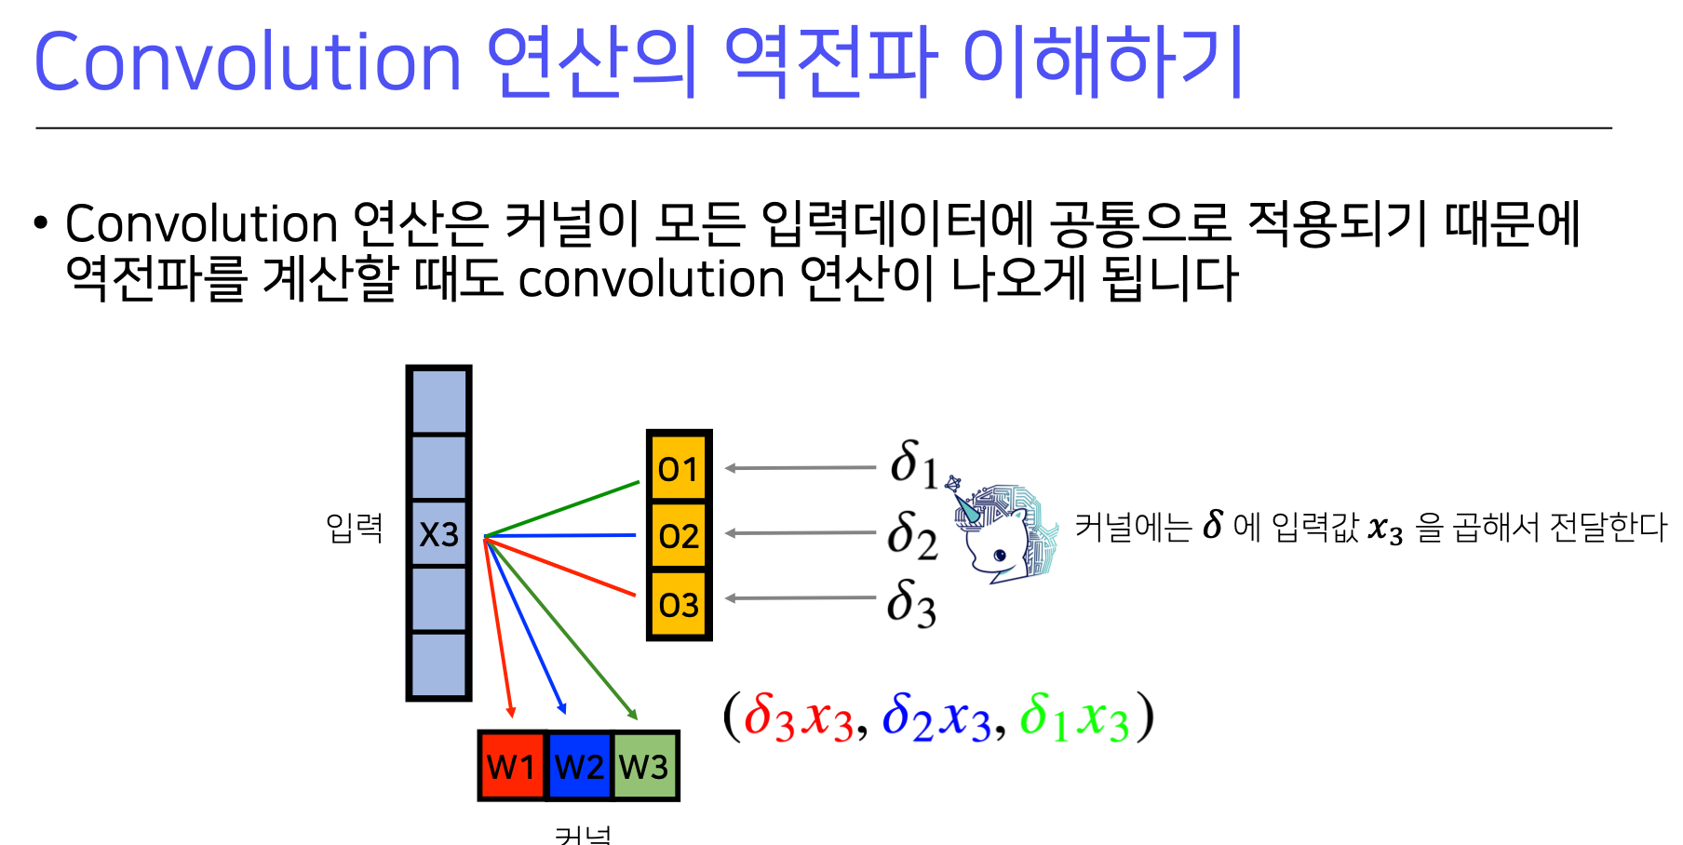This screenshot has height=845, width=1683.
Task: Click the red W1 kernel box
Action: (512, 766)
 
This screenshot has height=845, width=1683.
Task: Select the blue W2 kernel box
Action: (579, 766)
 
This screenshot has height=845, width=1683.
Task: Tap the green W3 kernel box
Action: (644, 766)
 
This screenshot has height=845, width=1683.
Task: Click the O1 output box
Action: (679, 468)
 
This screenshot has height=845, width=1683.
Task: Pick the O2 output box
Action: (679, 535)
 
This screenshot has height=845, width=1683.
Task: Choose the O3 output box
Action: (679, 605)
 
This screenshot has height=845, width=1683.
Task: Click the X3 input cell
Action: (438, 533)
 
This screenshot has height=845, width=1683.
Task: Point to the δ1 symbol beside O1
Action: (913, 463)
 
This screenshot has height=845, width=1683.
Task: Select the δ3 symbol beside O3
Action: (911, 603)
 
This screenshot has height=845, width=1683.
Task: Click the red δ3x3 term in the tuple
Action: (799, 718)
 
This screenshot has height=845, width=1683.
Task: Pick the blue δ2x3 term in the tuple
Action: (936, 718)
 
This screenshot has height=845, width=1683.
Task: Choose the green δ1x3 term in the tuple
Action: (1073, 718)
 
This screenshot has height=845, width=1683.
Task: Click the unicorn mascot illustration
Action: (1003, 532)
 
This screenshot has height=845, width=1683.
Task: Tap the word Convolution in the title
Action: (247, 62)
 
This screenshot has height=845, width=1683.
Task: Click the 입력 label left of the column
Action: (354, 528)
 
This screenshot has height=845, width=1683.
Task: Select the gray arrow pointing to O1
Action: (800, 468)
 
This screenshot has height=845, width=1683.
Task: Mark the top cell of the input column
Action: (438, 401)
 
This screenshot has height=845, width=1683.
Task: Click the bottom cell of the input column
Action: (438, 664)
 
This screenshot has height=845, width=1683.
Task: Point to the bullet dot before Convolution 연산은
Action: (40, 223)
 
